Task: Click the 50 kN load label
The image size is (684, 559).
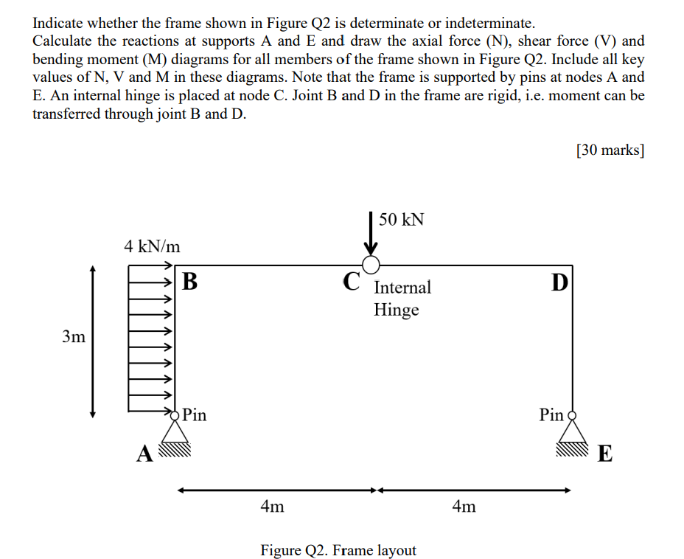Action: tap(402, 220)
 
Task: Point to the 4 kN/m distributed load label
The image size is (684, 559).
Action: tap(152, 246)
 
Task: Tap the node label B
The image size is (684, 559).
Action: tap(189, 281)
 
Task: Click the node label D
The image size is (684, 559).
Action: tap(559, 281)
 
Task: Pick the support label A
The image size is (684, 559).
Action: tap(144, 453)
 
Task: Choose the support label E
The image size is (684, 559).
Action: tap(604, 453)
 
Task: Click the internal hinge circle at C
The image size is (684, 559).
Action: tap(371, 265)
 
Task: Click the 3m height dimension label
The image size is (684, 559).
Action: tap(74, 337)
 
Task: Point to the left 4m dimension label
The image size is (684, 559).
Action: tap(273, 507)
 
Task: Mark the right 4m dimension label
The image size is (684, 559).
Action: tap(464, 507)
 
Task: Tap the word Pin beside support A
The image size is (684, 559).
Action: tap(195, 414)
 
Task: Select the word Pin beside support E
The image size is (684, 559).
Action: tap(551, 414)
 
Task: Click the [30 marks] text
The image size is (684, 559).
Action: tap(610, 150)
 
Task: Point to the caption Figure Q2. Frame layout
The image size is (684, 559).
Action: tap(338, 550)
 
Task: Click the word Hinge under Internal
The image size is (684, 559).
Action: tap(396, 310)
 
